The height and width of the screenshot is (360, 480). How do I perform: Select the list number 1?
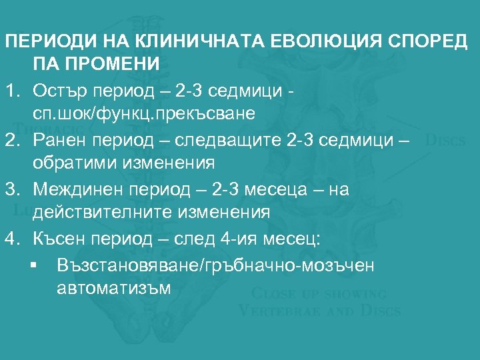(x=11, y=89)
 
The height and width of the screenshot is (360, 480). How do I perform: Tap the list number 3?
(x=11, y=189)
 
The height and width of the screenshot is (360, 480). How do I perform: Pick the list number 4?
(x=11, y=239)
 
